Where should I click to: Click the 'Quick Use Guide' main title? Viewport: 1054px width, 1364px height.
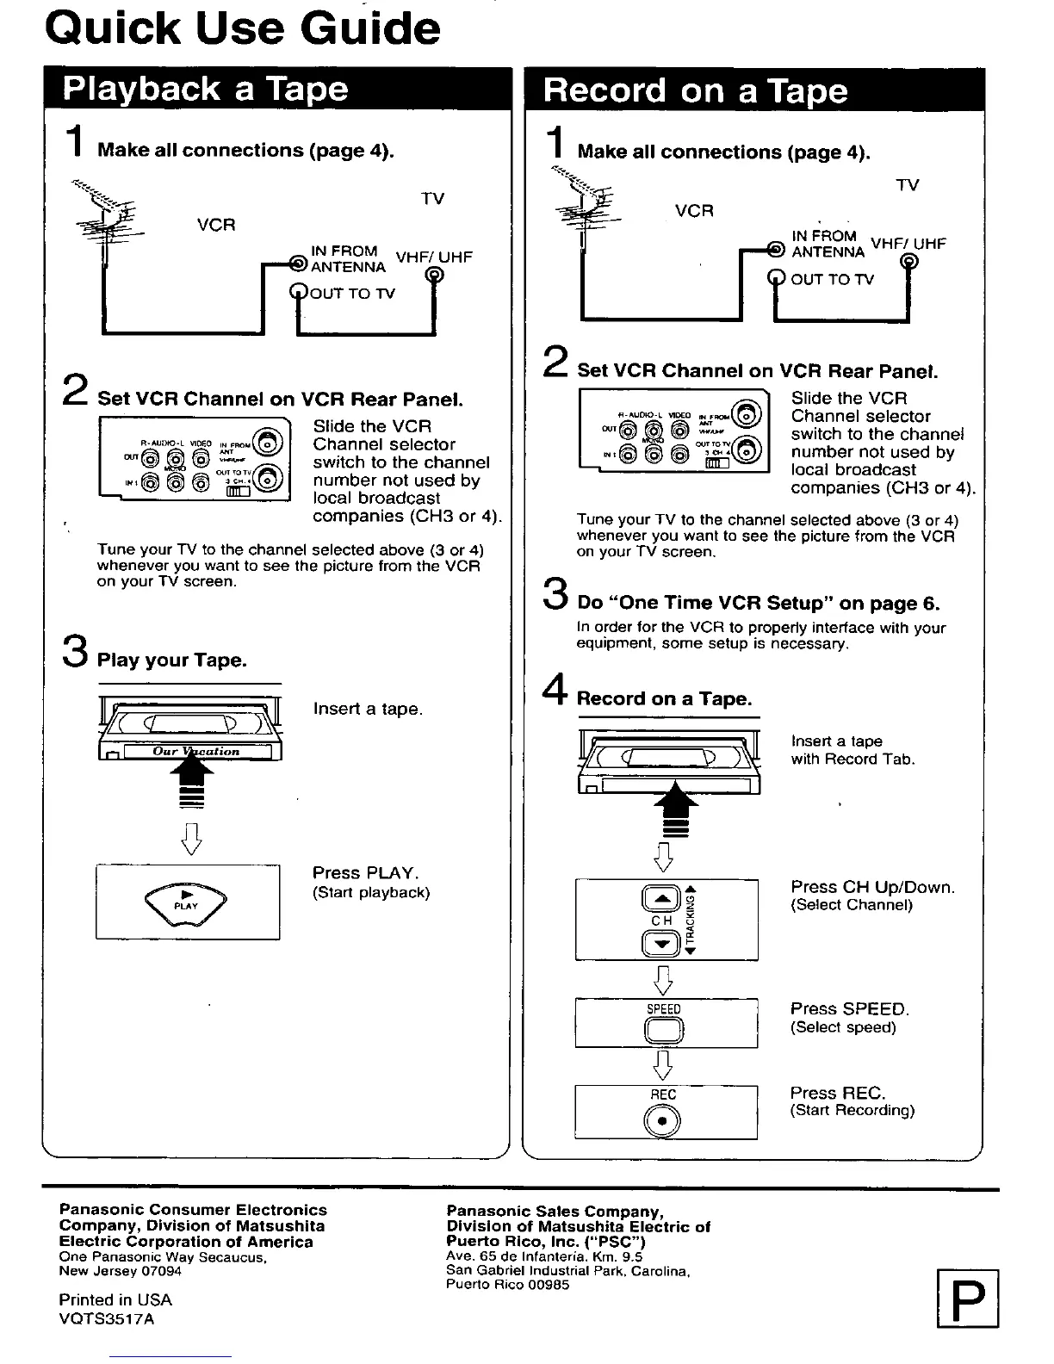(x=243, y=29)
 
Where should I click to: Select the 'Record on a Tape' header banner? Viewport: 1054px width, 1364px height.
(x=696, y=91)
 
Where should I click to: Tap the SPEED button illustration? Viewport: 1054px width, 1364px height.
(x=664, y=1030)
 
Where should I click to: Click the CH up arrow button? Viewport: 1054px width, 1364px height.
(x=661, y=900)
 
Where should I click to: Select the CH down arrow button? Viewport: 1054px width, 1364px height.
(x=661, y=944)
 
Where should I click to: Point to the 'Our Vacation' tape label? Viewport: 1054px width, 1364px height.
(x=196, y=752)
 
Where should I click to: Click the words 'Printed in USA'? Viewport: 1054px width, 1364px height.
(x=115, y=1300)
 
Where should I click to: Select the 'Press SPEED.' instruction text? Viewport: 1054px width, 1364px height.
(x=850, y=1009)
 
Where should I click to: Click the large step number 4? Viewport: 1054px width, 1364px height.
(x=556, y=690)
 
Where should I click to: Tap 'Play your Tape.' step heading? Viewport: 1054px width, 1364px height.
(x=172, y=660)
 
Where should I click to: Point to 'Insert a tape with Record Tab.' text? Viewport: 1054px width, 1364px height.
(x=852, y=750)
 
